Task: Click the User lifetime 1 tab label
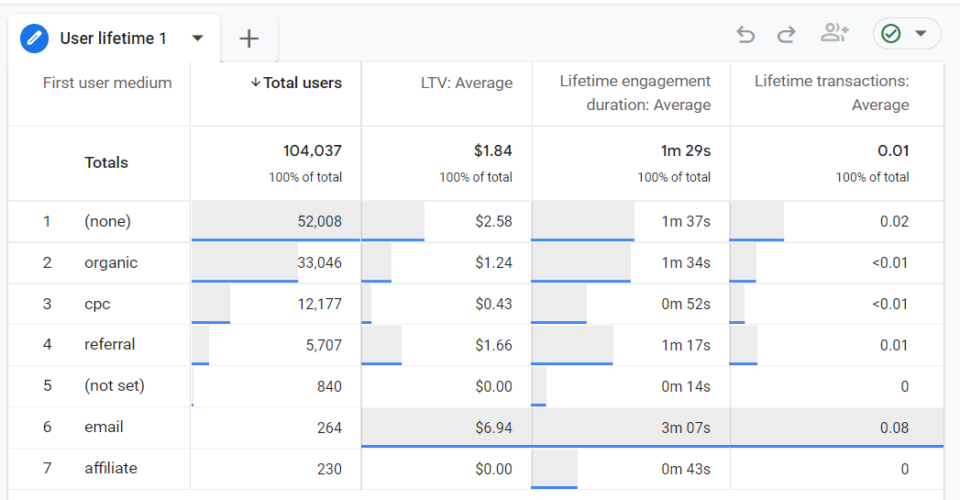[x=113, y=39]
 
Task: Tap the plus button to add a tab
[x=248, y=39]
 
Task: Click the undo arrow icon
[x=745, y=35]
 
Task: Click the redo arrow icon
[x=786, y=35]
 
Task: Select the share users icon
[x=834, y=34]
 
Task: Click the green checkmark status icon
[x=890, y=34]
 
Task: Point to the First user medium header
[x=107, y=83]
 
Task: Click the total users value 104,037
[x=312, y=150]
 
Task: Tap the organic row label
[x=110, y=262]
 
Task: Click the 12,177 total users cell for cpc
[x=319, y=304]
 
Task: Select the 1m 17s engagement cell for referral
[x=686, y=345]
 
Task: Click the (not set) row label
[x=114, y=385]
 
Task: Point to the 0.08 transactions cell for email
[x=893, y=428]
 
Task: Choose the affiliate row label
[x=110, y=468]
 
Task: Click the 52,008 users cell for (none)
[x=319, y=221]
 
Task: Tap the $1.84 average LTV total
[x=493, y=150]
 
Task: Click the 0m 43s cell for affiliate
[x=686, y=469]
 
